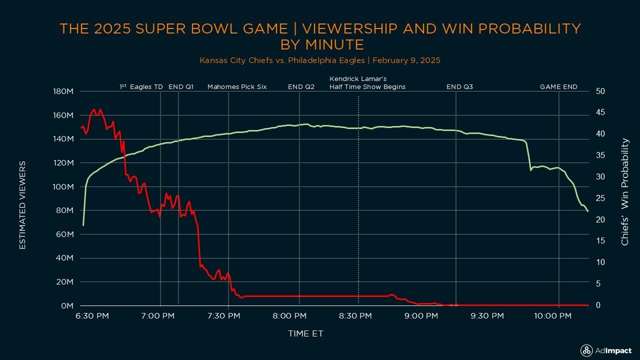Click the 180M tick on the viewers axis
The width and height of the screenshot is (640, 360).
63,91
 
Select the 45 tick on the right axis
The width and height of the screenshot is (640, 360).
600,113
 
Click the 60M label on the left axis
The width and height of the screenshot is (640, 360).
65,234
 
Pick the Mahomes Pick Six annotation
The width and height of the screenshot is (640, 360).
237,87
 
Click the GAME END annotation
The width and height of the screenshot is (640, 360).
558,87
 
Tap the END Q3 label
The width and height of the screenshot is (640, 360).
459,87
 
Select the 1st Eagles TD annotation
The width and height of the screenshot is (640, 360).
141,87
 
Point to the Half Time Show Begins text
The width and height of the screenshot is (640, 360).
367,87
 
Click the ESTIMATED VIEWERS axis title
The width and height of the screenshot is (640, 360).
22,205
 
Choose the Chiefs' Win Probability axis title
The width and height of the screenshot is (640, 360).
625,192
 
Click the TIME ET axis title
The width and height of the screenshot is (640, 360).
305,333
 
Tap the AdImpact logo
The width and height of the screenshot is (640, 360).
605,350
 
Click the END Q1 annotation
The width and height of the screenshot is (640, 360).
181,87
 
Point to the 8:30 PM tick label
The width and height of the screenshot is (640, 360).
358,316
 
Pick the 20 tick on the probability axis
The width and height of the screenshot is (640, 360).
600,220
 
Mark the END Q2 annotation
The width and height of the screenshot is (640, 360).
301,87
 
